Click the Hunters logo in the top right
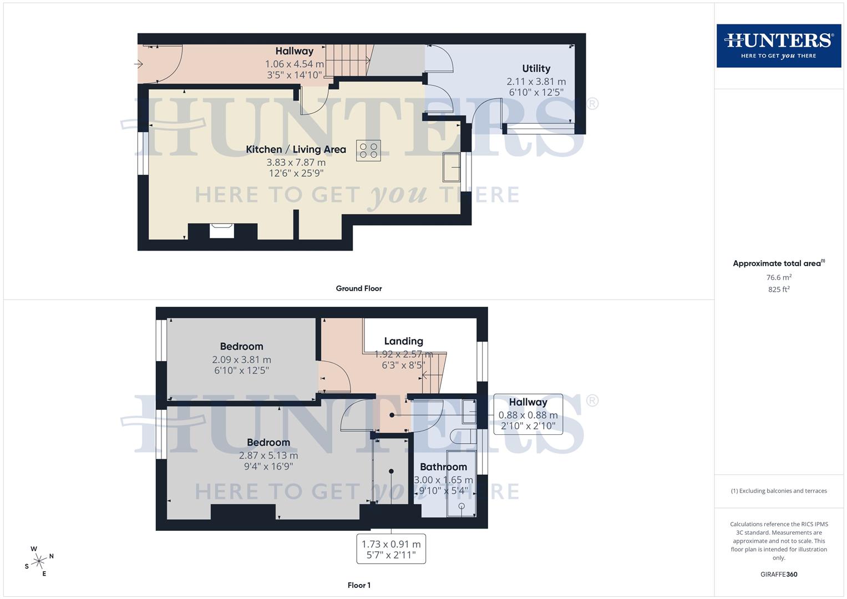778,45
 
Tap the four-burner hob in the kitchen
368,150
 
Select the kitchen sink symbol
452,167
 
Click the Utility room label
536,69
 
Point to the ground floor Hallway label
294,51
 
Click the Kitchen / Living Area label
296,149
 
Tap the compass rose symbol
39,562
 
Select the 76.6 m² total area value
778,277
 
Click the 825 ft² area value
778,290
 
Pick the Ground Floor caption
358,288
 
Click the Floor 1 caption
358,585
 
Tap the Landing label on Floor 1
403,341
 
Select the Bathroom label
443,467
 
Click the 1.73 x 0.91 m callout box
391,549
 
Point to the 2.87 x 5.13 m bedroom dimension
268,455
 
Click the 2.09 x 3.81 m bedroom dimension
241,359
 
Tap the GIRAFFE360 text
778,575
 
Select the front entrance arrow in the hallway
139,64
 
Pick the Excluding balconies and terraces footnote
778,491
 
